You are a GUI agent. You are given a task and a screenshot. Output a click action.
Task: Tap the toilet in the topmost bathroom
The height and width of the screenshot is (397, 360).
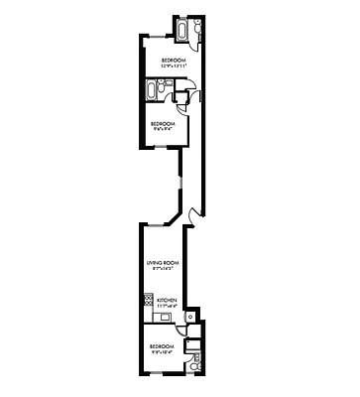tap(197, 29)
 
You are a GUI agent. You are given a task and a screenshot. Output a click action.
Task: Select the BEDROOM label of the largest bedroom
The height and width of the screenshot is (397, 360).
tap(173, 60)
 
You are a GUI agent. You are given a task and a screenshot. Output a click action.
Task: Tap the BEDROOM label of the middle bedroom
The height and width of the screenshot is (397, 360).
tap(163, 123)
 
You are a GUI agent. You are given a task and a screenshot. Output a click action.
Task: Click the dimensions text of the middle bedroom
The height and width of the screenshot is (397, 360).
tap(163, 129)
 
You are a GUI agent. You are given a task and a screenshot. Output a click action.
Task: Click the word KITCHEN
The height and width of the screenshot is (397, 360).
tap(167, 300)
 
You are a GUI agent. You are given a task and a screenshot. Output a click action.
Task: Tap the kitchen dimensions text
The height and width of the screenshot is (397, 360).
tap(167, 306)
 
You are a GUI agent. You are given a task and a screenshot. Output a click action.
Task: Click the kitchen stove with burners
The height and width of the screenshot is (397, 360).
tap(148, 300)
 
